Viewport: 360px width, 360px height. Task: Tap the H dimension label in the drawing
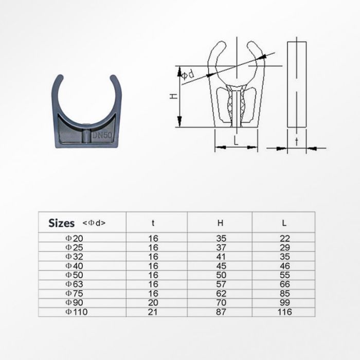pyautogui.click(x=174, y=96)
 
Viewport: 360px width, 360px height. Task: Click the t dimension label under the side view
pyautogui.click(x=296, y=141)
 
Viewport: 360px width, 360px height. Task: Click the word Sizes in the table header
pyautogui.click(x=62, y=223)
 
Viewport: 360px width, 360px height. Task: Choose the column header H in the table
pyautogui.click(x=220, y=223)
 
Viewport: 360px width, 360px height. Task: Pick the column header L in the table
pyautogui.click(x=284, y=223)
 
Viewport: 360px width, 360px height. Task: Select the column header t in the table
pyautogui.click(x=153, y=223)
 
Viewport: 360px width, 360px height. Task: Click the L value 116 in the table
pyautogui.click(x=284, y=312)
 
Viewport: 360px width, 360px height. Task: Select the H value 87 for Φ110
pyautogui.click(x=220, y=312)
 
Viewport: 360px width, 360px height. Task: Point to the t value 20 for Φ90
pyautogui.click(x=153, y=303)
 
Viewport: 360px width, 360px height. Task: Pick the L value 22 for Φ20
pyautogui.click(x=284, y=238)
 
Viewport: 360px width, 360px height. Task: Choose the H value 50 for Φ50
pyautogui.click(x=220, y=275)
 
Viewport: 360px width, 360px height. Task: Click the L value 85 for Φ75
pyautogui.click(x=284, y=294)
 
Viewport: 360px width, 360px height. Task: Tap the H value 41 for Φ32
pyautogui.click(x=220, y=257)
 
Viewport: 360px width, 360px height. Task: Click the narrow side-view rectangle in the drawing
pyautogui.click(x=297, y=85)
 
